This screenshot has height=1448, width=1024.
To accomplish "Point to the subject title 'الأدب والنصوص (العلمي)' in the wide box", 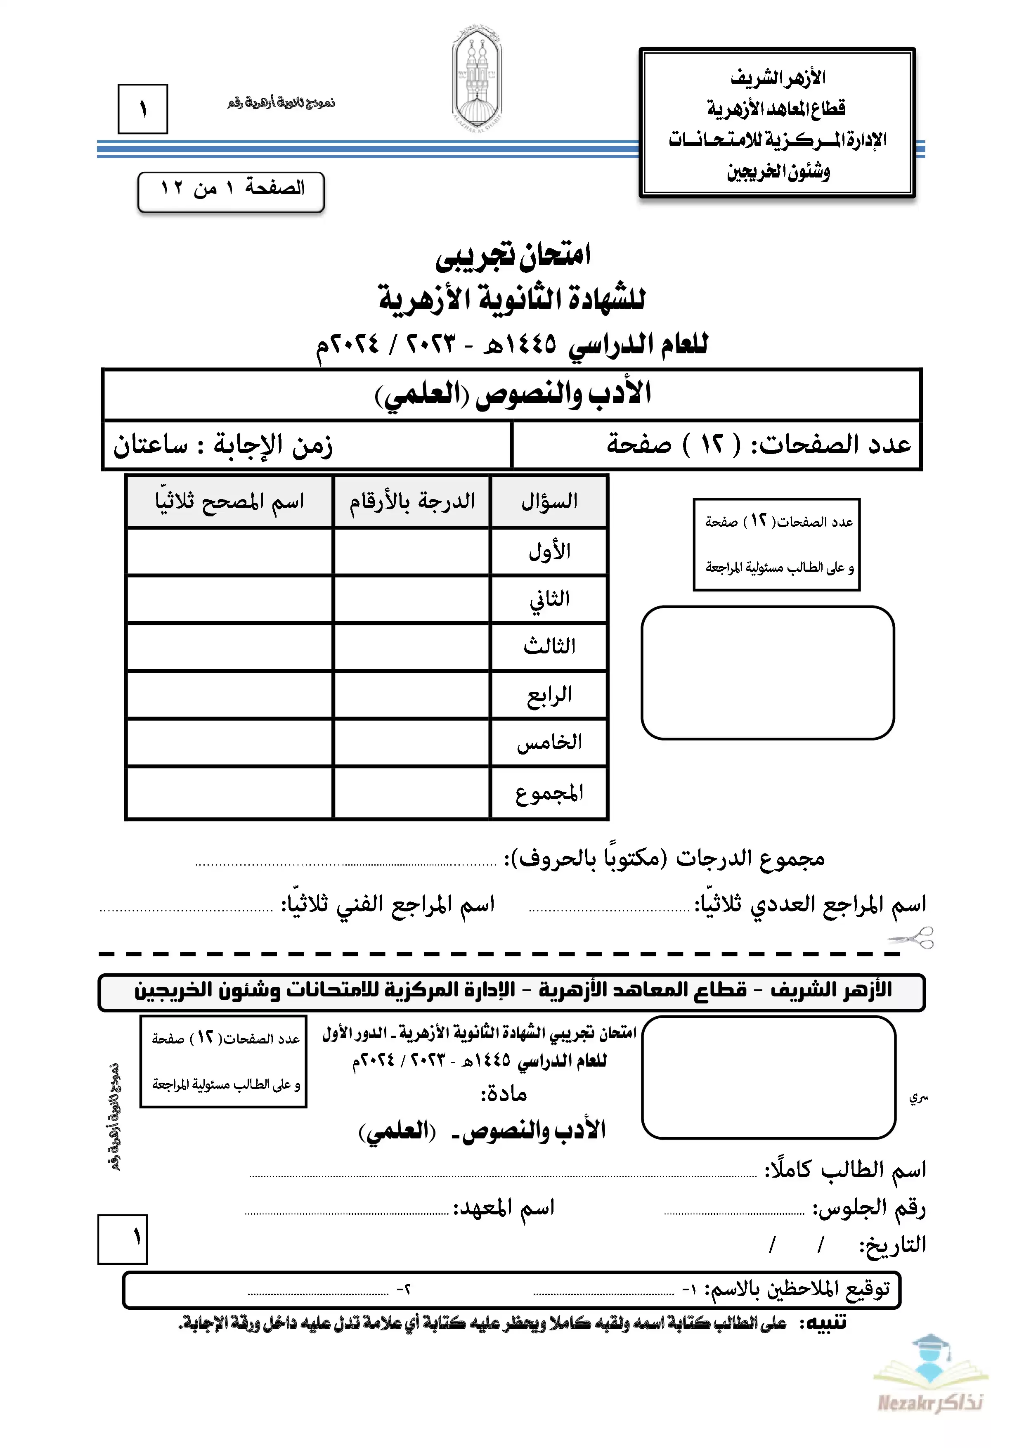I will tap(512, 395).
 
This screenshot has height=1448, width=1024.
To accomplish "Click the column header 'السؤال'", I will tap(549, 502).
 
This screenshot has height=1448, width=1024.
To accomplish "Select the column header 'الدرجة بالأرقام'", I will tap(412, 502).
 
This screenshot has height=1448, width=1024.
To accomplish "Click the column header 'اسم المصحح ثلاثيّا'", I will tap(229, 502).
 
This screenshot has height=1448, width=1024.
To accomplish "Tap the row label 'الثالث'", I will tap(549, 646).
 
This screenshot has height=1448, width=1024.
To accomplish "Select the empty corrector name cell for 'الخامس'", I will tap(229, 742).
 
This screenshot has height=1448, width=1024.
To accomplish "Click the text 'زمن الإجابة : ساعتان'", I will tap(222, 445).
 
